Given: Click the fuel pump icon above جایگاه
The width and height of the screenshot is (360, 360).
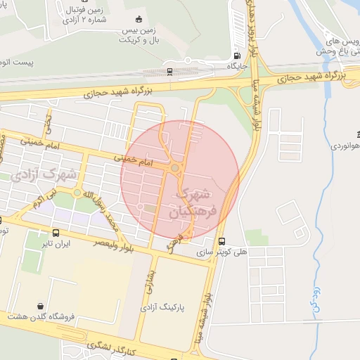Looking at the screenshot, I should click(x=235, y=56).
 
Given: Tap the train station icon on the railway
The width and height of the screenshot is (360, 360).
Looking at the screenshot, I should click(x=170, y=70).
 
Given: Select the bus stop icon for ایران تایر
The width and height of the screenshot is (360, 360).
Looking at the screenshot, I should click(x=56, y=233).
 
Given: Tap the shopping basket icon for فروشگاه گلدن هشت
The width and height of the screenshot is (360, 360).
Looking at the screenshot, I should click(x=41, y=306).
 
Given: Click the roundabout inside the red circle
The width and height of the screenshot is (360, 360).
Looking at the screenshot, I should click(x=174, y=168).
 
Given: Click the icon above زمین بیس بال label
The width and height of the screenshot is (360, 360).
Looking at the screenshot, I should click(x=139, y=19).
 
